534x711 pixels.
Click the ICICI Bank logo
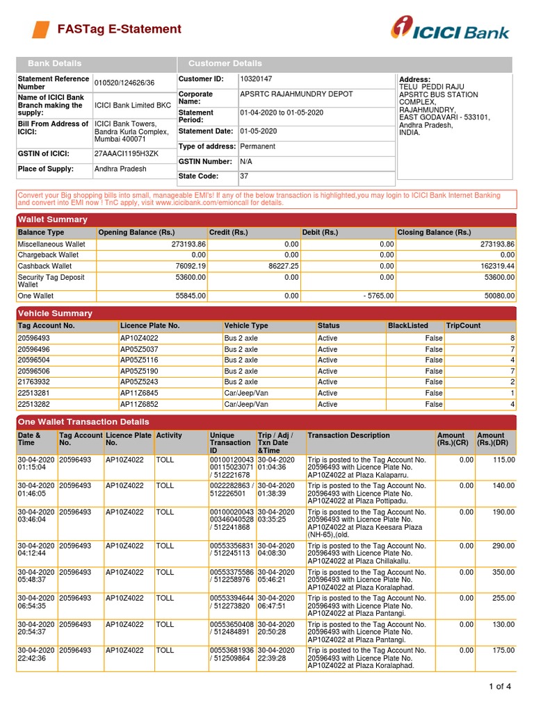449,28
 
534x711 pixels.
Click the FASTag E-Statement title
119,29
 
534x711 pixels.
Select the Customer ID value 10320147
256,80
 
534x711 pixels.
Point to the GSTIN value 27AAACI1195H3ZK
126,153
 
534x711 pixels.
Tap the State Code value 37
244,176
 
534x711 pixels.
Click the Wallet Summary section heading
53,219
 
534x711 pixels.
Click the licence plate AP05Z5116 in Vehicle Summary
139,360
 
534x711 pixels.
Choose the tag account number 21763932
35,382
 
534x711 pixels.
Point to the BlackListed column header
408,326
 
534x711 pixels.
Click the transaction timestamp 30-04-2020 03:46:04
35,516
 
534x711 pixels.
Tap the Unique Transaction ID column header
230,443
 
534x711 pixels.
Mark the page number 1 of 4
499,687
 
